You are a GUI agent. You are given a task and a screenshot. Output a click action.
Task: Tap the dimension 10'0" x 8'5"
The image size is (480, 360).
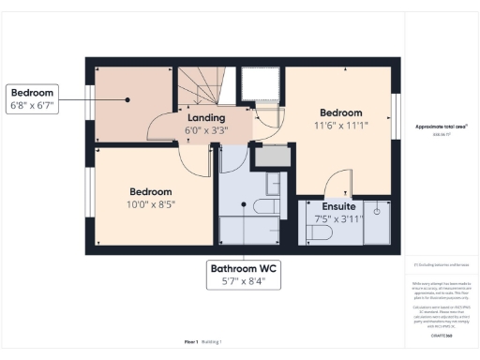(152, 202)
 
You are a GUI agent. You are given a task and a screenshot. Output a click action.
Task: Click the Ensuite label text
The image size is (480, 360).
(337, 206)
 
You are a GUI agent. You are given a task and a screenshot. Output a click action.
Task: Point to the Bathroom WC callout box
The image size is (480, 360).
(247, 274)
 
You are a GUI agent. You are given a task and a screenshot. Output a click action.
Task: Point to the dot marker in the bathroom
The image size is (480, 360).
(243, 203)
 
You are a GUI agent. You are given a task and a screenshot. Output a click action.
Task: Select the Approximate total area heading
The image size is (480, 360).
(441, 127)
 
